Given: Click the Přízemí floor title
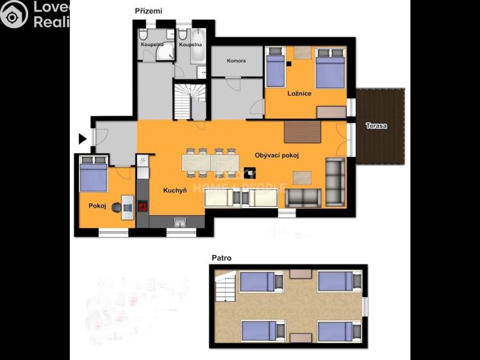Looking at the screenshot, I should (149, 11).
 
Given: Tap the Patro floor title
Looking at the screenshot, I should (222, 258).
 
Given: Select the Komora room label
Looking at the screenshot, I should (236, 61).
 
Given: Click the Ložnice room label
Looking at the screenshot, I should (299, 94).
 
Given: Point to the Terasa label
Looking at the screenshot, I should (376, 126).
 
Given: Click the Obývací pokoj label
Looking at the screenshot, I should (277, 155).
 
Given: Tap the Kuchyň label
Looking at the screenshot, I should (175, 190).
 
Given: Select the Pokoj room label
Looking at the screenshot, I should (97, 206).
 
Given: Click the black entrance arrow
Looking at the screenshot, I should (82, 138).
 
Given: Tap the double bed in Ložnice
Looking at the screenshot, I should (329, 69).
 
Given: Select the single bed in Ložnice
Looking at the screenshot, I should (276, 69).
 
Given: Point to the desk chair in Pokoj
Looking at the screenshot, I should (116, 206).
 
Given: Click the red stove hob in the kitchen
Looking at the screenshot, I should (142, 206).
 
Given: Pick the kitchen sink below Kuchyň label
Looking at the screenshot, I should (180, 222).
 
